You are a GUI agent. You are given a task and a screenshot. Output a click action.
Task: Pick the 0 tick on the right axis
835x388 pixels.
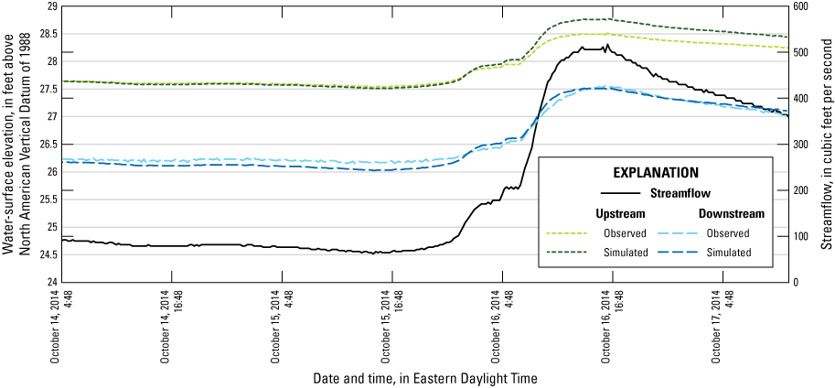pos(797,282)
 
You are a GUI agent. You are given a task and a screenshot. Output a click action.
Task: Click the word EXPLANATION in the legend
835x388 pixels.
pos(655,171)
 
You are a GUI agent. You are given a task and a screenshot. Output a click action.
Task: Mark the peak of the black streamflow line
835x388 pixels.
pos(605,44)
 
